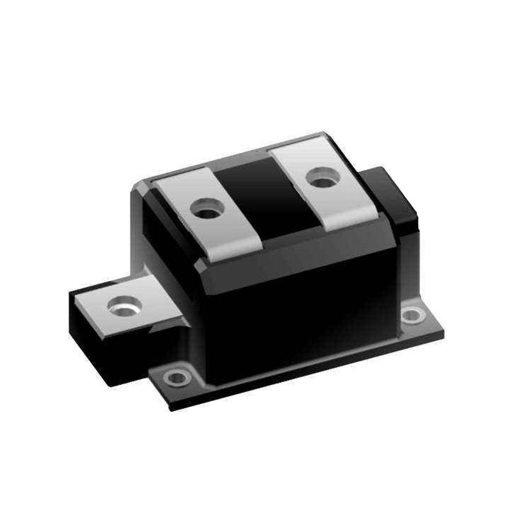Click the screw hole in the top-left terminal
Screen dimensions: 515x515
pyautogui.click(x=207, y=210)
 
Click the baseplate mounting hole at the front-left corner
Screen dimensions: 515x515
pyautogui.click(x=177, y=377)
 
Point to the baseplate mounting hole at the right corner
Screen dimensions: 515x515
pyautogui.click(x=413, y=315)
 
